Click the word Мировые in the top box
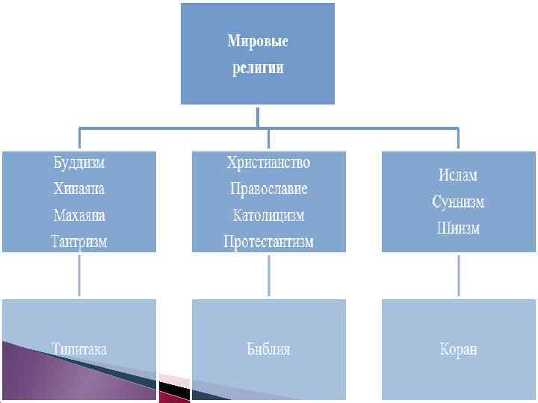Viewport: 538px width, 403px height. (x=258, y=41)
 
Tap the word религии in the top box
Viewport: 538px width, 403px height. (x=258, y=68)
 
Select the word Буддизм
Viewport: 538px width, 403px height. (x=79, y=163)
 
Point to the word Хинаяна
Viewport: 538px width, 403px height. (x=79, y=189)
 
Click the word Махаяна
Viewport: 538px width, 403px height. (x=79, y=216)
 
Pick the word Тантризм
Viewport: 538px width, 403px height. (x=79, y=242)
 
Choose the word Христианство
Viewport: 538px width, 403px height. (x=268, y=163)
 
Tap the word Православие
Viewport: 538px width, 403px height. (x=268, y=189)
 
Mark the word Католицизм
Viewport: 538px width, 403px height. (x=268, y=216)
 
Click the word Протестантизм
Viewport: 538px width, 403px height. (x=268, y=242)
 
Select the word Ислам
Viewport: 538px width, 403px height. (x=457, y=175)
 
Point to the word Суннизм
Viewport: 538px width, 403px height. (x=457, y=202)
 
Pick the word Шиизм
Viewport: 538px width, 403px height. (x=457, y=228)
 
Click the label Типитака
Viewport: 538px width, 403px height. (x=79, y=349)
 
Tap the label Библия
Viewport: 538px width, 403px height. (x=268, y=349)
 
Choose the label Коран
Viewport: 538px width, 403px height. (x=457, y=349)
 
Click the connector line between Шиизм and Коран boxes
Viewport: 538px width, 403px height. (x=458, y=275)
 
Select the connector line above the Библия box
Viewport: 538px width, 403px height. (x=269, y=275)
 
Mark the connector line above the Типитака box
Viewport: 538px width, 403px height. (x=80, y=275)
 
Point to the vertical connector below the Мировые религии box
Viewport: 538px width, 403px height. (x=258, y=116)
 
